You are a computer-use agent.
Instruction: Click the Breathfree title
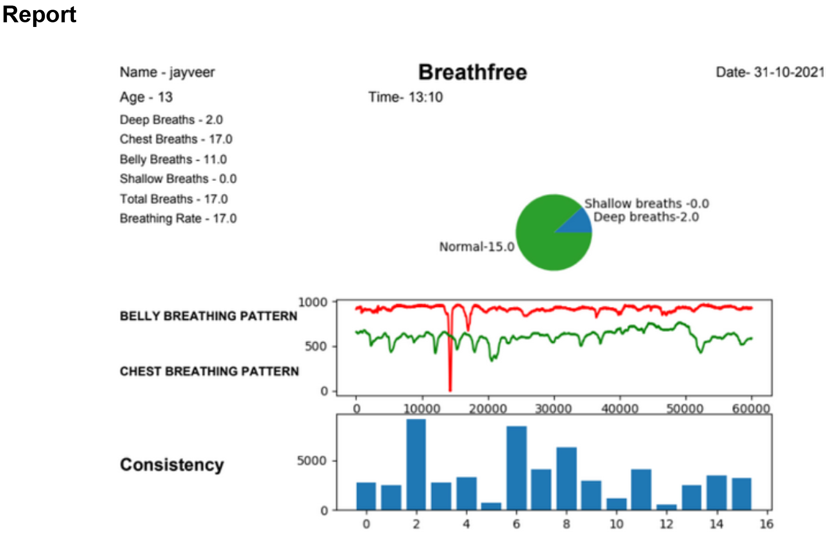[472, 72]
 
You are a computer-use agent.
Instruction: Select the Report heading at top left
[39, 14]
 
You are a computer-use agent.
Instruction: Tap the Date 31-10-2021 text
[770, 72]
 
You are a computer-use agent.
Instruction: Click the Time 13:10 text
[405, 97]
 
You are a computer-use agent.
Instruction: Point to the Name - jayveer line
[167, 72]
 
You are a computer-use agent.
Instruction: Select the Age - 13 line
[146, 97]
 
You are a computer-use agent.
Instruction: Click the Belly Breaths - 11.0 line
[173, 159]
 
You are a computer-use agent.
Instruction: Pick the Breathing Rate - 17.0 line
[178, 218]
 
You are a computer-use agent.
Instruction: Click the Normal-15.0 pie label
[476, 247]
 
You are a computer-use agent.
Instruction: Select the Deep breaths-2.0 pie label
[646, 217]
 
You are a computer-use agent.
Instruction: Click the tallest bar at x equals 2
[416, 464]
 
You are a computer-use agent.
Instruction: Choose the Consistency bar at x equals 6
[516, 467]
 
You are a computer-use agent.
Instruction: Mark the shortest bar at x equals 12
[667, 507]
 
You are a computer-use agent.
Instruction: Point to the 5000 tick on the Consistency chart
[312, 460]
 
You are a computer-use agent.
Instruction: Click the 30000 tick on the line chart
[554, 408]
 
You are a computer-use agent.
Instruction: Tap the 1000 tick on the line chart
[313, 302]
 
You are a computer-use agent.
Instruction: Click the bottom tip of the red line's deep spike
[450, 390]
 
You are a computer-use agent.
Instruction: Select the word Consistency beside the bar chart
[172, 465]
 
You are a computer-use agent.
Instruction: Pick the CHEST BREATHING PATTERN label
[209, 371]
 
